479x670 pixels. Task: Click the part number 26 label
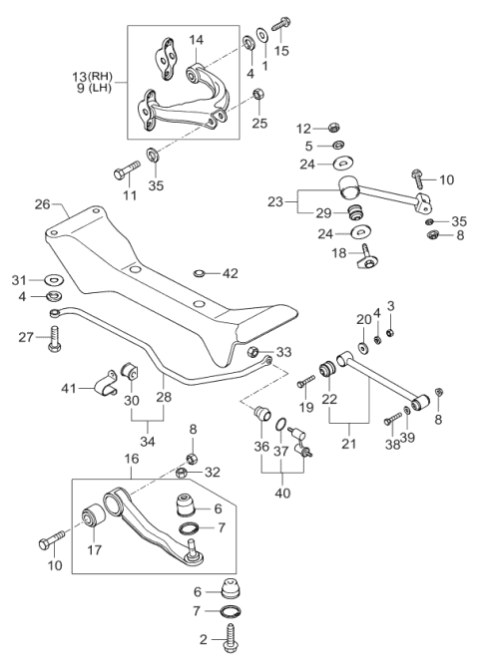click(42, 203)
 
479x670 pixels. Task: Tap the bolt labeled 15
click(280, 22)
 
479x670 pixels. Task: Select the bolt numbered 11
click(127, 169)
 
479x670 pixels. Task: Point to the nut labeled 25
click(257, 94)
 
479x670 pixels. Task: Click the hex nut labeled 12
click(333, 128)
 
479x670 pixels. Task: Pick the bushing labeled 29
click(354, 212)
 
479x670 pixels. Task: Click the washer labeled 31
click(54, 280)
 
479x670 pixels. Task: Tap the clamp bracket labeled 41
click(105, 383)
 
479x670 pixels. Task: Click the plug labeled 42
click(199, 272)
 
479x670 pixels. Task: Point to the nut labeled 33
click(253, 352)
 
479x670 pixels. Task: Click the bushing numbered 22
click(328, 370)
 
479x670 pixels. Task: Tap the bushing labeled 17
click(93, 515)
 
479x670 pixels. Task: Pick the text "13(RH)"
click(93, 77)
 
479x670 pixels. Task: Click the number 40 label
click(282, 493)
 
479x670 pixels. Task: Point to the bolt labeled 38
click(393, 418)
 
